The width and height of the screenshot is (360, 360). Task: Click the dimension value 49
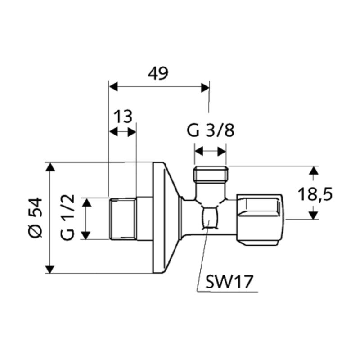click(x=158, y=74)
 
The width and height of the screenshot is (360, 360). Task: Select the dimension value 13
click(x=123, y=117)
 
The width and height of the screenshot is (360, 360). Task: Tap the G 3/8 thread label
click(x=211, y=131)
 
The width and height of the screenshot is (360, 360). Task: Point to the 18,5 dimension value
click(x=315, y=195)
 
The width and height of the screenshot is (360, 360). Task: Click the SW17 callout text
click(x=229, y=282)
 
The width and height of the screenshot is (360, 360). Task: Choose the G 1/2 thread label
click(x=68, y=217)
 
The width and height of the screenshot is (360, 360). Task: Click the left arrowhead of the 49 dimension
click(x=113, y=87)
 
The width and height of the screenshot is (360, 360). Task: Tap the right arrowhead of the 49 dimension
click(x=205, y=87)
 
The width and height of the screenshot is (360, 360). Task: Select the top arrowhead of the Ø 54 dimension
click(x=50, y=167)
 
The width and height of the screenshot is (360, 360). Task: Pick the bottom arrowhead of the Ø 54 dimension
click(x=50, y=269)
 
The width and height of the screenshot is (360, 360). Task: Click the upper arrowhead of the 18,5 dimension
click(x=314, y=170)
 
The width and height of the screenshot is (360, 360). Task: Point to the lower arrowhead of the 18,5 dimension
click(x=314, y=215)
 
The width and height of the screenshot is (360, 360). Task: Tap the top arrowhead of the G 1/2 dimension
click(x=87, y=203)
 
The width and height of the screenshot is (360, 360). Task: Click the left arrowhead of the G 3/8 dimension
click(x=199, y=151)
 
